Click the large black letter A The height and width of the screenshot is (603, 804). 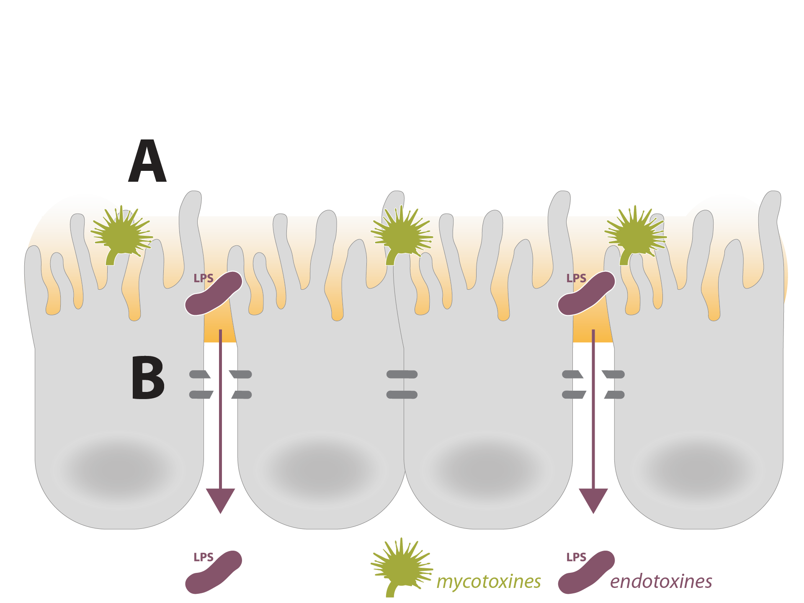[x=147, y=162]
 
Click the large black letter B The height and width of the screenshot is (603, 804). [x=147, y=378]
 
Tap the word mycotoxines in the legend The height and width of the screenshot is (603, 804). [x=488, y=581]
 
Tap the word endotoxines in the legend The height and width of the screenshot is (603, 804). [x=661, y=581]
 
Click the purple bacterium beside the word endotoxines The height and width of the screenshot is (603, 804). [x=586, y=573]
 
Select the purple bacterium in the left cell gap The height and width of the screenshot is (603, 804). [x=214, y=293]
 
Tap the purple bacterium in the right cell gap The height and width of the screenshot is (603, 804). [x=586, y=293]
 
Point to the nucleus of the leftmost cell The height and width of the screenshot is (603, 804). [x=119, y=469]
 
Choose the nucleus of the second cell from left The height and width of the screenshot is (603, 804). [x=320, y=469]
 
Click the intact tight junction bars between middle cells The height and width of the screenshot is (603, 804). [x=402, y=384]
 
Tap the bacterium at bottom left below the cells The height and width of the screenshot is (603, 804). [x=214, y=573]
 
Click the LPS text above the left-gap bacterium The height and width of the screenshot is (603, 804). [x=204, y=278]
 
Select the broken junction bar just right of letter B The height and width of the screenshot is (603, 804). [x=200, y=374]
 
